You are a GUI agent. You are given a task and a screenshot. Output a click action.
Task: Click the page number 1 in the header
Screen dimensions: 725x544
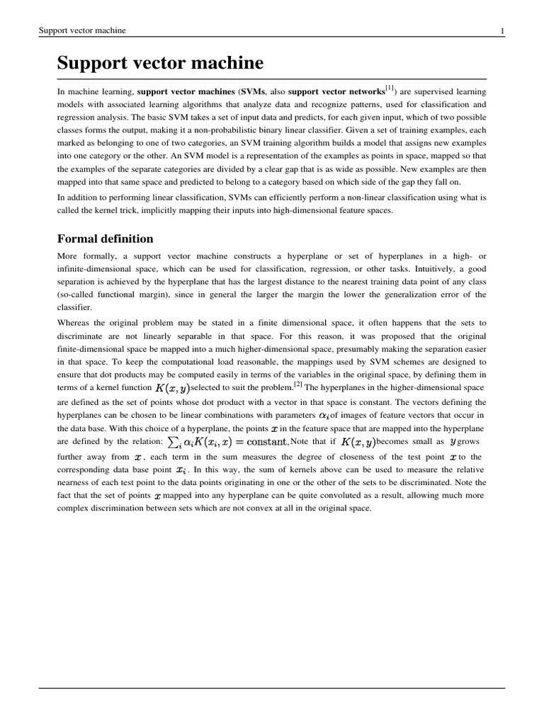pos(502,30)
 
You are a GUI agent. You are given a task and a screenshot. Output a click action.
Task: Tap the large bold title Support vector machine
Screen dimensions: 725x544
pos(160,63)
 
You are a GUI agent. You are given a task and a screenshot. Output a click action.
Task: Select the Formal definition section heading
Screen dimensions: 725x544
pos(105,239)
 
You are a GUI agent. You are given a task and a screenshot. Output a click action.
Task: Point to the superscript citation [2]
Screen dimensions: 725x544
pos(298,385)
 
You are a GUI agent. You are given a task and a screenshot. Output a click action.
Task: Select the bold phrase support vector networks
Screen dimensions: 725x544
pos(337,91)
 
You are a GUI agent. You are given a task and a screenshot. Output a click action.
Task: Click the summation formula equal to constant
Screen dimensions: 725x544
pos(227,442)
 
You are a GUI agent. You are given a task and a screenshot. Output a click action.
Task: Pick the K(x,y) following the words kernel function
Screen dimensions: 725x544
pos(173,388)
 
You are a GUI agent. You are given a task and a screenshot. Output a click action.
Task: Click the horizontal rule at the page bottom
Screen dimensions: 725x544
pos(272,688)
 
